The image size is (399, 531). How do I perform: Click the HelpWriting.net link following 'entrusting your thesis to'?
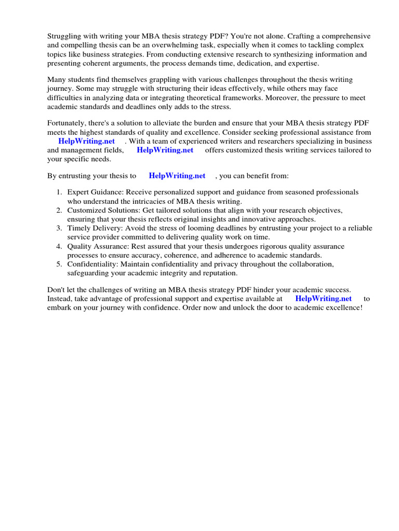pos(177,176)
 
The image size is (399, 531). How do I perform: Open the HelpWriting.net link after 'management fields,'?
pos(165,150)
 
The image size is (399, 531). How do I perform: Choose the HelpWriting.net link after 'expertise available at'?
pos(323,298)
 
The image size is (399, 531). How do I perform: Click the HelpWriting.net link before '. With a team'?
pos(87,141)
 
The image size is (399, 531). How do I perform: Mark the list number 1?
pos(59,192)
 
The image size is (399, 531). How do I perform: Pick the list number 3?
pos(59,228)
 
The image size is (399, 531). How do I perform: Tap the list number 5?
pos(59,264)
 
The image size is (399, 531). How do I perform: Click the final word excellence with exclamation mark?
pos(344,307)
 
